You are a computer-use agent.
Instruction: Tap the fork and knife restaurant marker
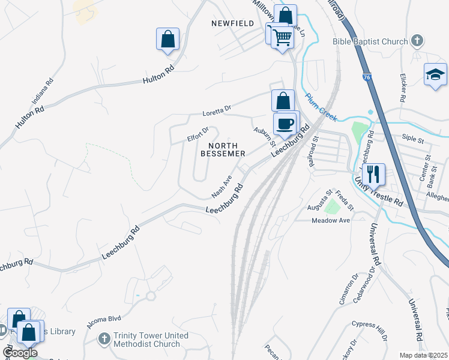point(374,174)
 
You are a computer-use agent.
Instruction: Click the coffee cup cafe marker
point(286,124)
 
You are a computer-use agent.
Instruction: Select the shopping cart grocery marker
point(281,37)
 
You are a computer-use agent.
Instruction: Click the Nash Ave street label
point(221,187)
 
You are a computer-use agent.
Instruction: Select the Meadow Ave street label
point(330,221)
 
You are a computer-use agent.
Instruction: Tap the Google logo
point(20,353)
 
